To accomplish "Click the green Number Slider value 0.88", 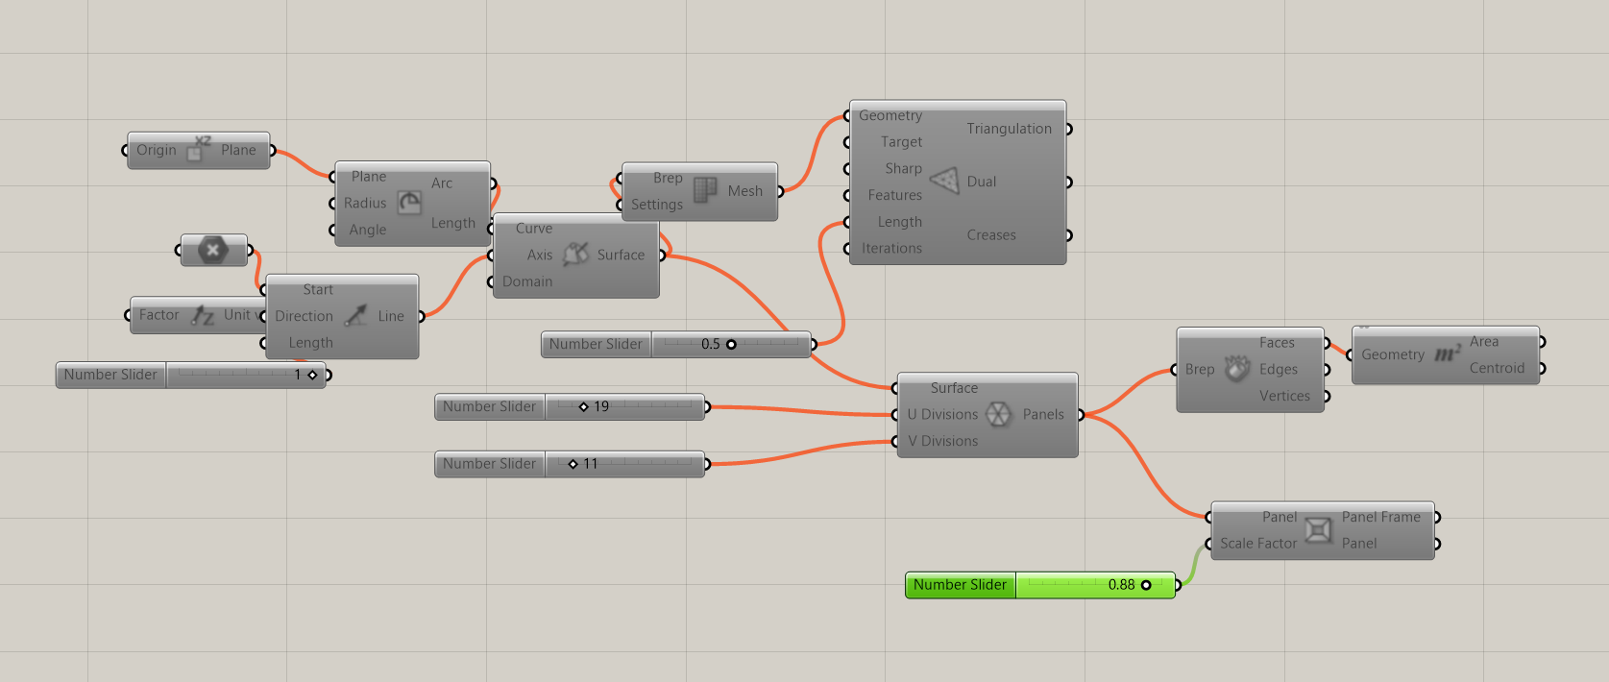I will pyautogui.click(x=1121, y=585).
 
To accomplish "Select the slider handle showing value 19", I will pyautogui.click(x=583, y=407).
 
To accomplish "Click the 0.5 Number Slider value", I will pyautogui.click(x=710, y=344).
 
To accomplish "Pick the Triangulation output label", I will pyautogui.click(x=1009, y=129).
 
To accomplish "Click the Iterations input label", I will pyautogui.click(x=891, y=248).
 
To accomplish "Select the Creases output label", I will pyautogui.click(x=991, y=234).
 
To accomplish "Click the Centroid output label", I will pyautogui.click(x=1497, y=368).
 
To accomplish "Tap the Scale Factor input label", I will pyautogui.click(x=1258, y=544).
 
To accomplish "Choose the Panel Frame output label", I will pyautogui.click(x=1380, y=517).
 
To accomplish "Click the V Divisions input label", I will pyautogui.click(x=942, y=441).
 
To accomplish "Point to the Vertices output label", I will pyautogui.click(x=1284, y=396).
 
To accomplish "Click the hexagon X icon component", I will pyautogui.click(x=213, y=251).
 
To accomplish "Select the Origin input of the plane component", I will pyautogui.click(x=157, y=150).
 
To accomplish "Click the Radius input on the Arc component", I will pyautogui.click(x=365, y=203).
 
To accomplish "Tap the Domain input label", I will pyautogui.click(x=527, y=281).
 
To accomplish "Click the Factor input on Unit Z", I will pyautogui.click(x=158, y=315).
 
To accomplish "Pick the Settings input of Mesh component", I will pyautogui.click(x=657, y=205).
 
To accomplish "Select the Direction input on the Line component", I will pyautogui.click(x=304, y=316).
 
